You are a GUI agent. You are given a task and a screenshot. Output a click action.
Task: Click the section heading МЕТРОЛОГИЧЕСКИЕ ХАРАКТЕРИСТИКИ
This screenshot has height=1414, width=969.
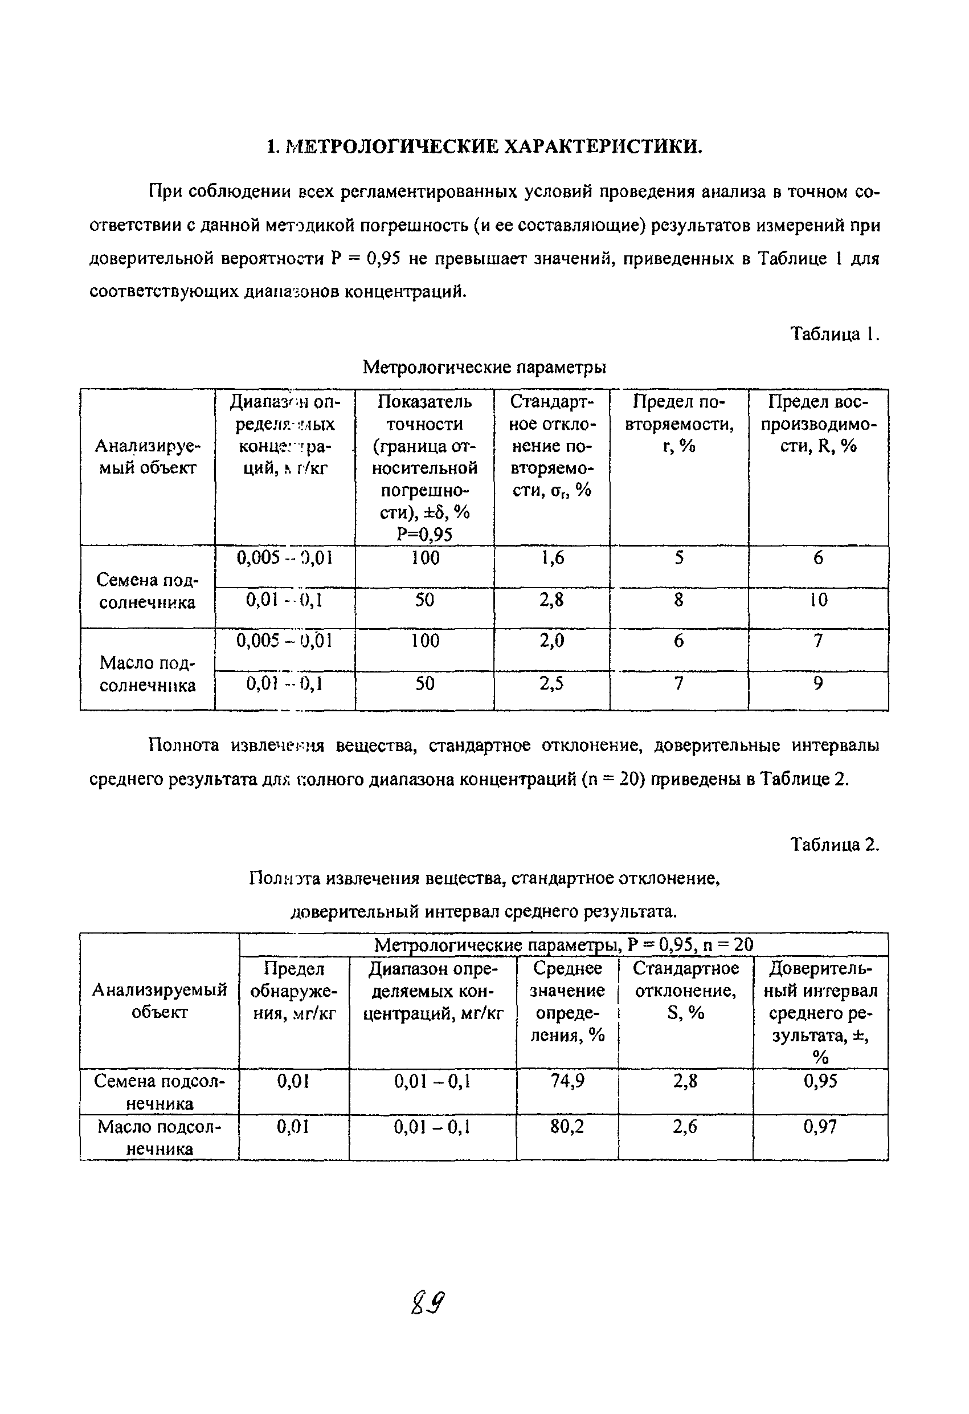484,146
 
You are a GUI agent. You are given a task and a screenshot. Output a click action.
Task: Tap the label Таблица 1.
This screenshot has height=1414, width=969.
835,333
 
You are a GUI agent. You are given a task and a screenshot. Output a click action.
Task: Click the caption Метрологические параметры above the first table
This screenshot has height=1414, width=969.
484,367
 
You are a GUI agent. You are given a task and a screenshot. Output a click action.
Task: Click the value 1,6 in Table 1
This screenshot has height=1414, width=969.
551,557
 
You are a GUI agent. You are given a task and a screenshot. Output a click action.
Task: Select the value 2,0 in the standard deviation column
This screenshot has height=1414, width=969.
551,640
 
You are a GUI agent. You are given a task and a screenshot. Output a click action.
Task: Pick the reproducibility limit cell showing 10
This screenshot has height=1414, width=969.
818,600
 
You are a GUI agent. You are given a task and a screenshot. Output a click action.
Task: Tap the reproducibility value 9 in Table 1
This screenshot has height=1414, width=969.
818,683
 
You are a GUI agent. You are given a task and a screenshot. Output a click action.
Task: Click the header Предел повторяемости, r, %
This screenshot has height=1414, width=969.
679,423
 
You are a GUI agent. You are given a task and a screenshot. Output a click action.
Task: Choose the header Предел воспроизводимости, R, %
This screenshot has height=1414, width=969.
818,423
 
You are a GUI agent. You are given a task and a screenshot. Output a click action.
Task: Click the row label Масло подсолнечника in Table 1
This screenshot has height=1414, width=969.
147,674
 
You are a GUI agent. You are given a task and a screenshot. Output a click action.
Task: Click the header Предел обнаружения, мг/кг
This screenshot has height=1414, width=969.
293,991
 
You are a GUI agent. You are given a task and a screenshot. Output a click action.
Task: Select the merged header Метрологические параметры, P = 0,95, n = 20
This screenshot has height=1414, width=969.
563,944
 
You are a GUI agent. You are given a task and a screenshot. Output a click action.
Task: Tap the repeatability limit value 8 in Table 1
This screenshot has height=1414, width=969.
679,600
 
